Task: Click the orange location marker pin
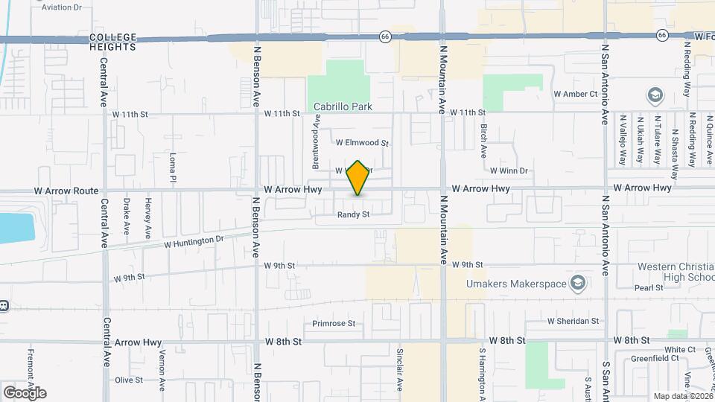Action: coord(358,178)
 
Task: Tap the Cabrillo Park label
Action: coord(343,106)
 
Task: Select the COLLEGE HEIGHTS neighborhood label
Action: coord(113,42)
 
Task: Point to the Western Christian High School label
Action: coord(675,272)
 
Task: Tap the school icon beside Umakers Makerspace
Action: coord(577,283)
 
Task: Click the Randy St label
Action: coord(353,214)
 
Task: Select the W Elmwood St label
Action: coord(363,142)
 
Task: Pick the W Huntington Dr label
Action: coord(194,240)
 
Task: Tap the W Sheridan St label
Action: coord(573,321)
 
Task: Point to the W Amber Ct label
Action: coord(575,94)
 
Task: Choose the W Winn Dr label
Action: coord(508,170)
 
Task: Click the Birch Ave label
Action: coord(483,140)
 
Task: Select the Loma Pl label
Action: coord(172,169)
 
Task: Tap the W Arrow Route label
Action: coord(66,191)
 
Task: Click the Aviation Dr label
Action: coord(62,7)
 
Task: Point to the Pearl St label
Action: coord(648,287)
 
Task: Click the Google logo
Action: coord(24,392)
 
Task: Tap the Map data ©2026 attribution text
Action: coord(681,396)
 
